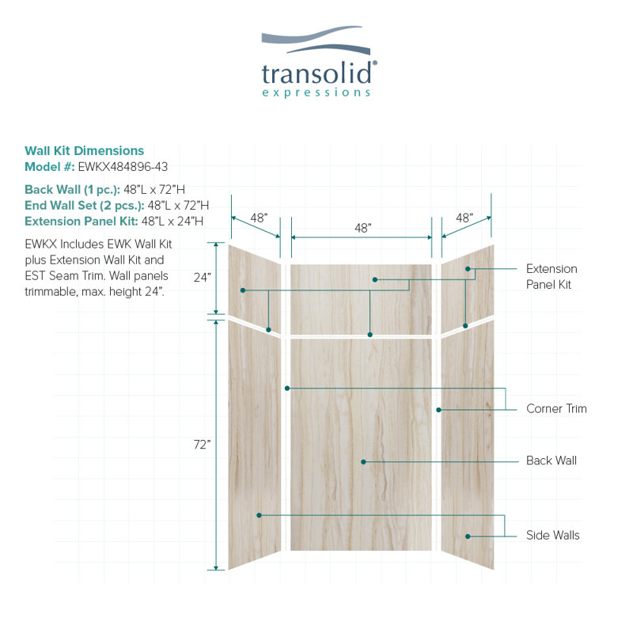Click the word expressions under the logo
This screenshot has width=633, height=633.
tap(316, 93)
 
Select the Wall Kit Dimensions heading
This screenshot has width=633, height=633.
tap(84, 150)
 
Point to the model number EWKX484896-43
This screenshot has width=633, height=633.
tap(123, 167)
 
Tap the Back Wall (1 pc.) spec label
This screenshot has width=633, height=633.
tap(72, 189)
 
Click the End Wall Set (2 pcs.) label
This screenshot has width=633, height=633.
tap(85, 206)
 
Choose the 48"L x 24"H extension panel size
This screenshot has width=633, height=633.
tap(172, 222)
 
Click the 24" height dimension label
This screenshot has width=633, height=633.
tap(203, 278)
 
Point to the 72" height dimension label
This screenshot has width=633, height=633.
tap(202, 445)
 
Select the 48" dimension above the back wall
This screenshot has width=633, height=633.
tap(363, 228)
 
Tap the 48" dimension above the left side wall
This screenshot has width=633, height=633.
tap(259, 218)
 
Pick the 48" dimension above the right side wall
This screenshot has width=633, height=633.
tap(464, 218)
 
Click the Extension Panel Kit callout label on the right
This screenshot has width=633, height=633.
tap(552, 276)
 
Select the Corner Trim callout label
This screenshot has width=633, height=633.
tap(556, 408)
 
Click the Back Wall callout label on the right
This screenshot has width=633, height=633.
tap(552, 461)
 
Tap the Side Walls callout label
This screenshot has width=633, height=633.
tap(552, 536)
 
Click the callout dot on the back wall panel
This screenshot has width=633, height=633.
tap(363, 462)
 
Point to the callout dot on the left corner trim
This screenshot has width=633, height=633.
tap(287, 389)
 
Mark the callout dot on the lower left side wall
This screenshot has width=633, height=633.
tap(260, 515)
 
